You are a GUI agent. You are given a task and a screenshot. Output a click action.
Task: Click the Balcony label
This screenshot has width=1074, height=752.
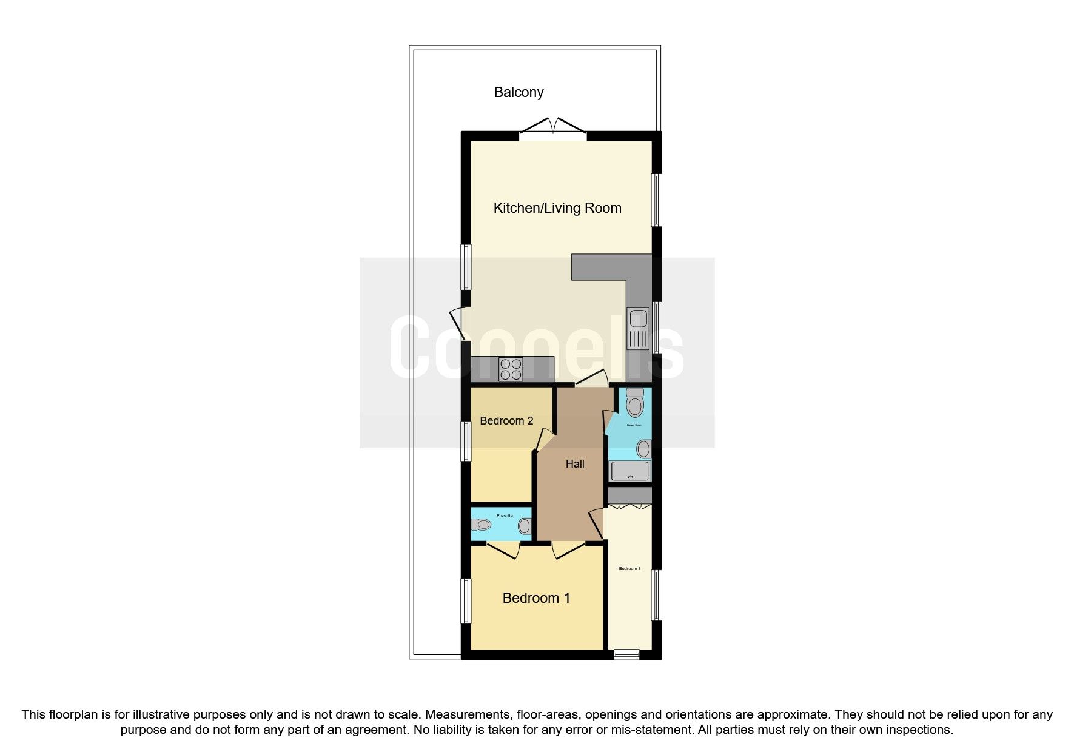[x=519, y=92]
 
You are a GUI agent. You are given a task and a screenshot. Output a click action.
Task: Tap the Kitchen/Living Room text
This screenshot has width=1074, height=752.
[x=557, y=208]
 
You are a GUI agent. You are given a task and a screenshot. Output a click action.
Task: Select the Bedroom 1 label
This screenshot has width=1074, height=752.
[x=536, y=598]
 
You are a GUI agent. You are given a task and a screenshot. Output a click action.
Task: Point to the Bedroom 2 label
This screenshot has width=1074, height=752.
[x=506, y=421]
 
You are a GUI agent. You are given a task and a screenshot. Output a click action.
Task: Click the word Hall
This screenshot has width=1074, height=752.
[x=575, y=464]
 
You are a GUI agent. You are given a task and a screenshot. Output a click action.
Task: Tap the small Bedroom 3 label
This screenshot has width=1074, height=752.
[x=629, y=569]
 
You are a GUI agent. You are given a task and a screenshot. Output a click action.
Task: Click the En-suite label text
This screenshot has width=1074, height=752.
[x=505, y=516]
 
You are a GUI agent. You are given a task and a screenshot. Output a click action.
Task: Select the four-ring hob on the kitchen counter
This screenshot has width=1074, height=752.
[x=510, y=369]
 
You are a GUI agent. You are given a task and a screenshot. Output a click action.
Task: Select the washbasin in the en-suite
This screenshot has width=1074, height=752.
[x=524, y=526]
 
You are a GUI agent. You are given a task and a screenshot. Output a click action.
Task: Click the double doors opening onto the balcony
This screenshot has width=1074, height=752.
[x=553, y=127]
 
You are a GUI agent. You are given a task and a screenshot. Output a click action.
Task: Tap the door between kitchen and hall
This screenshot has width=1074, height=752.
[x=592, y=380]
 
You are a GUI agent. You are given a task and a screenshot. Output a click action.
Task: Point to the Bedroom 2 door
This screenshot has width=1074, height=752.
[x=543, y=440]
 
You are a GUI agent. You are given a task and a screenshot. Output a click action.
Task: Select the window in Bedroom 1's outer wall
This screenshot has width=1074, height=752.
[x=466, y=600]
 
